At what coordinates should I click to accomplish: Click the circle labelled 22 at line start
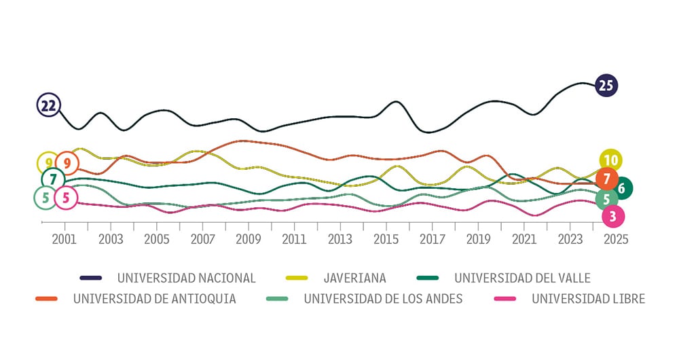(48, 105)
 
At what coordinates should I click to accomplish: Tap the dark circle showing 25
(605, 86)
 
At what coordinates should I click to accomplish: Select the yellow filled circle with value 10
(610, 160)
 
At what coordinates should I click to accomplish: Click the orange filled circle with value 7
(606, 179)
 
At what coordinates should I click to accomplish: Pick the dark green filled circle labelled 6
(621, 188)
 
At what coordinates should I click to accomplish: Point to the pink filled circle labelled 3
(612, 217)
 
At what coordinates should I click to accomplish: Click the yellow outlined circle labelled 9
(48, 163)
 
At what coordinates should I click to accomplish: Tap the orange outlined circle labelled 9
(67, 163)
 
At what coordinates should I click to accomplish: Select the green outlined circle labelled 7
(52, 179)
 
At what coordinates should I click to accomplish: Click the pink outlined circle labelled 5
(65, 198)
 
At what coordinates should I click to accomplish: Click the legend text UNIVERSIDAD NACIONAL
(186, 278)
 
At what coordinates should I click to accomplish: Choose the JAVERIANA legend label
(354, 278)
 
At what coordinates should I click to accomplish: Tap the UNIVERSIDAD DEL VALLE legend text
(522, 278)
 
